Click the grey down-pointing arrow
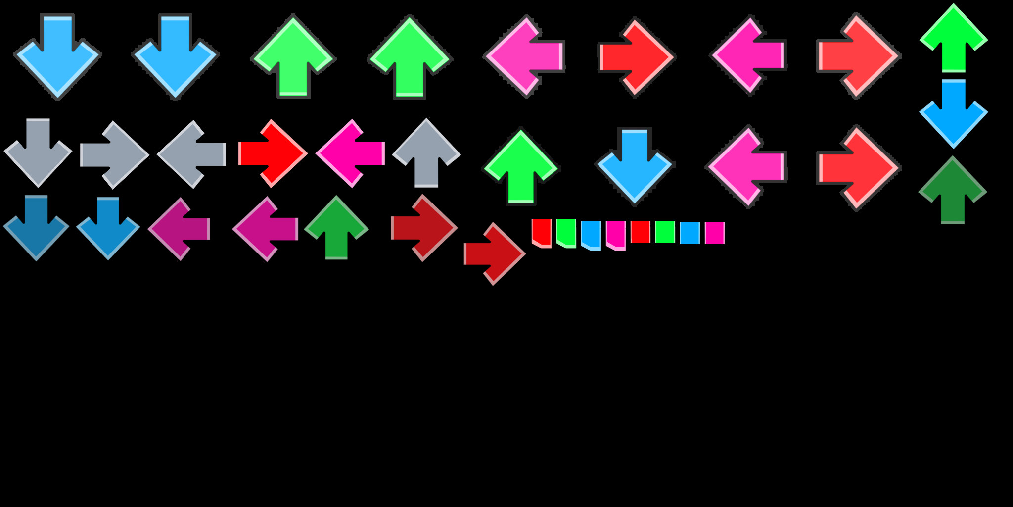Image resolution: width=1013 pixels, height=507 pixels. click(38, 151)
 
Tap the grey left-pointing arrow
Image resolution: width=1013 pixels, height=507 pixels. click(192, 154)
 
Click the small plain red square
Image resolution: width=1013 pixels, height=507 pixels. click(640, 232)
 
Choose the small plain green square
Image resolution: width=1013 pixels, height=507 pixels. click(665, 232)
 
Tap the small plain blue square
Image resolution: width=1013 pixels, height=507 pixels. click(690, 233)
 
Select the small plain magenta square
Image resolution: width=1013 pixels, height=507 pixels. click(714, 233)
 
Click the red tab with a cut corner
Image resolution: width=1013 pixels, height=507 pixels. click(542, 232)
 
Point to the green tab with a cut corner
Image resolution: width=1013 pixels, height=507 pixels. click(566, 232)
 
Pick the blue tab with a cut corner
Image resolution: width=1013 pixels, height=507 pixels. click(591, 234)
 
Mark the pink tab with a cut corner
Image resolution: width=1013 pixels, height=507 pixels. click(616, 234)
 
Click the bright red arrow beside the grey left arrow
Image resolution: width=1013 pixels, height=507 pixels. click(272, 153)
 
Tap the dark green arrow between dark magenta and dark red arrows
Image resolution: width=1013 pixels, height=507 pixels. click(336, 228)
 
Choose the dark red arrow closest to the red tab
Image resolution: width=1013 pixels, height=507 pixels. click(494, 253)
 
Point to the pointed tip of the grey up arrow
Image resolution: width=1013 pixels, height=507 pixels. click(426, 120)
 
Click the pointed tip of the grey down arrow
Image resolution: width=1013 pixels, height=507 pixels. click(38, 185)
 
